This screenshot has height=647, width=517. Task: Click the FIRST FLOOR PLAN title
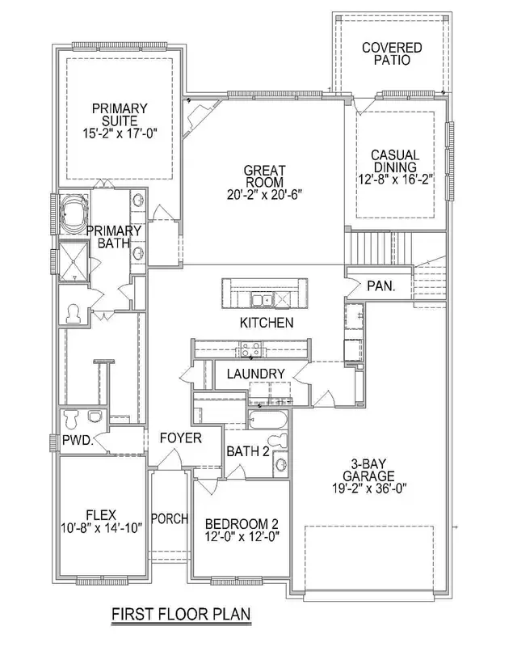point(181,614)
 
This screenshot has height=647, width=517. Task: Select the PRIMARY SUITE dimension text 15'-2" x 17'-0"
point(120,133)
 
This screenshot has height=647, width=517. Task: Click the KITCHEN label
point(266,323)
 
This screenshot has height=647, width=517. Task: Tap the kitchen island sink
point(263,301)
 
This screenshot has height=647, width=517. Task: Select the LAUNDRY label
point(254,373)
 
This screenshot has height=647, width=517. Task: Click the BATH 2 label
point(247,451)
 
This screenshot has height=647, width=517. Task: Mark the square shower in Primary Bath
point(75,261)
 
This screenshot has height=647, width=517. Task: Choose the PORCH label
point(170,518)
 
